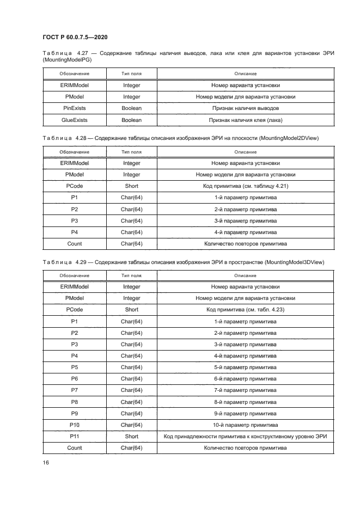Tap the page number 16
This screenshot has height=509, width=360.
tap(46, 462)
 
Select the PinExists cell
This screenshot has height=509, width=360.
tap(75, 108)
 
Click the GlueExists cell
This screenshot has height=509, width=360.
tap(75, 120)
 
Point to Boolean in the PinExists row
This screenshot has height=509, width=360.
tap(131, 108)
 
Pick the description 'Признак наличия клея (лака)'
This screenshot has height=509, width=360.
tap(246, 120)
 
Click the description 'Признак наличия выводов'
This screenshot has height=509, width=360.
tap(246, 108)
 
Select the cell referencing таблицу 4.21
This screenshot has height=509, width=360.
tap(246, 186)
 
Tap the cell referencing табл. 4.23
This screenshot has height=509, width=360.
tap(246, 310)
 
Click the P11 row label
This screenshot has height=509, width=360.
tap(75, 436)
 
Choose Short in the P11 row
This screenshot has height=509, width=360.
tap(131, 436)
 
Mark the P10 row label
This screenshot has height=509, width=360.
tap(75, 425)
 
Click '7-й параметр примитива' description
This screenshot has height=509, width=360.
tap(246, 390)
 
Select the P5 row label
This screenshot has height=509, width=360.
tap(75, 367)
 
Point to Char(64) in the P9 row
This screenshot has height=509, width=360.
tap(131, 413)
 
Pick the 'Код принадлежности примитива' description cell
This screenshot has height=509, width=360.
tap(246, 436)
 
